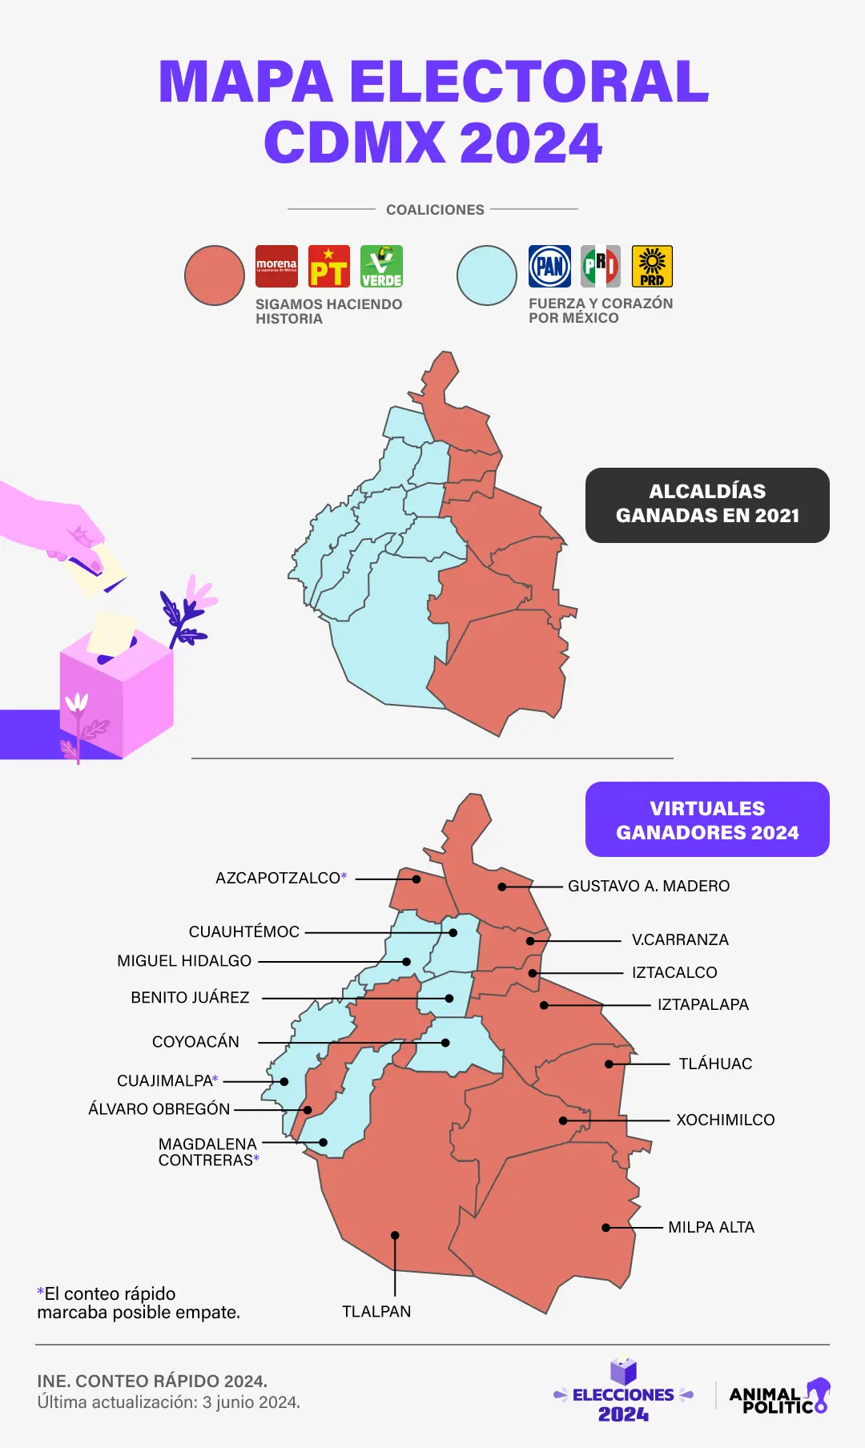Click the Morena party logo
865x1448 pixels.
[x=276, y=267]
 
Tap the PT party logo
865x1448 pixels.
[x=329, y=267]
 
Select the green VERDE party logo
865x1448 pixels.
[x=381, y=267]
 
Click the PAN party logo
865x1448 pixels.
[x=549, y=267]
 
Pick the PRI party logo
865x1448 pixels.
[x=601, y=267]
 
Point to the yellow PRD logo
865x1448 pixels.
[x=652, y=267]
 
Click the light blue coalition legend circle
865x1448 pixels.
[x=487, y=276]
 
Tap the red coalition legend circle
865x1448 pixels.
[x=215, y=276]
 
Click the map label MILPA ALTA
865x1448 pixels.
[x=711, y=1227]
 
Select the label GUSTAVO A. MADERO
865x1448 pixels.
[x=649, y=886]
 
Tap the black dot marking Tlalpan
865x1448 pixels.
[x=395, y=1235]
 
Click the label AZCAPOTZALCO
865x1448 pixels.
[x=278, y=878]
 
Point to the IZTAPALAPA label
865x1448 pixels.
[x=703, y=1004]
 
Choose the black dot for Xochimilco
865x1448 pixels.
[x=563, y=1120]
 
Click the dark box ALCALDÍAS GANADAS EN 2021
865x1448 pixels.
[x=707, y=505]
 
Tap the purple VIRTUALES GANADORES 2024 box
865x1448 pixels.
[x=707, y=819]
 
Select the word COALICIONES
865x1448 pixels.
[x=435, y=210]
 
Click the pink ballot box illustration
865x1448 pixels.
[x=117, y=689]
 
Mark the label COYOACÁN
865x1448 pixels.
[x=195, y=1041]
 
